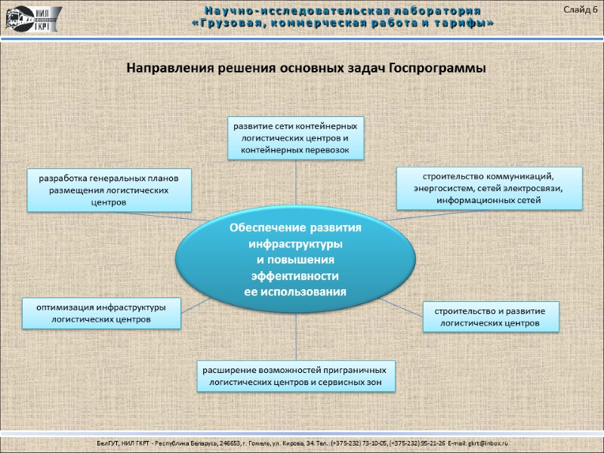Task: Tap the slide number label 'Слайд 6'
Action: pos(579,9)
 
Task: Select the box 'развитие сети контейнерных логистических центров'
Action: pos(295,137)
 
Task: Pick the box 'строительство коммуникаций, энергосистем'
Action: pos(489,188)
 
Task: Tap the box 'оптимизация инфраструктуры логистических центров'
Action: pos(100,313)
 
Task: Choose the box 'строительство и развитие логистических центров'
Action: pos(490,316)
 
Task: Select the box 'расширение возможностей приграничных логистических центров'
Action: pos(295,377)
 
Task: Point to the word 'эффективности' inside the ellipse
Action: pos(295,275)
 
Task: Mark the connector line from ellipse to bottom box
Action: pos(295,340)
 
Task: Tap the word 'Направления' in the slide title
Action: pos(166,68)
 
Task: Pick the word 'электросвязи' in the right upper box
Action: pos(532,188)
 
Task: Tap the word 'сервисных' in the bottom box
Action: pos(341,384)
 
